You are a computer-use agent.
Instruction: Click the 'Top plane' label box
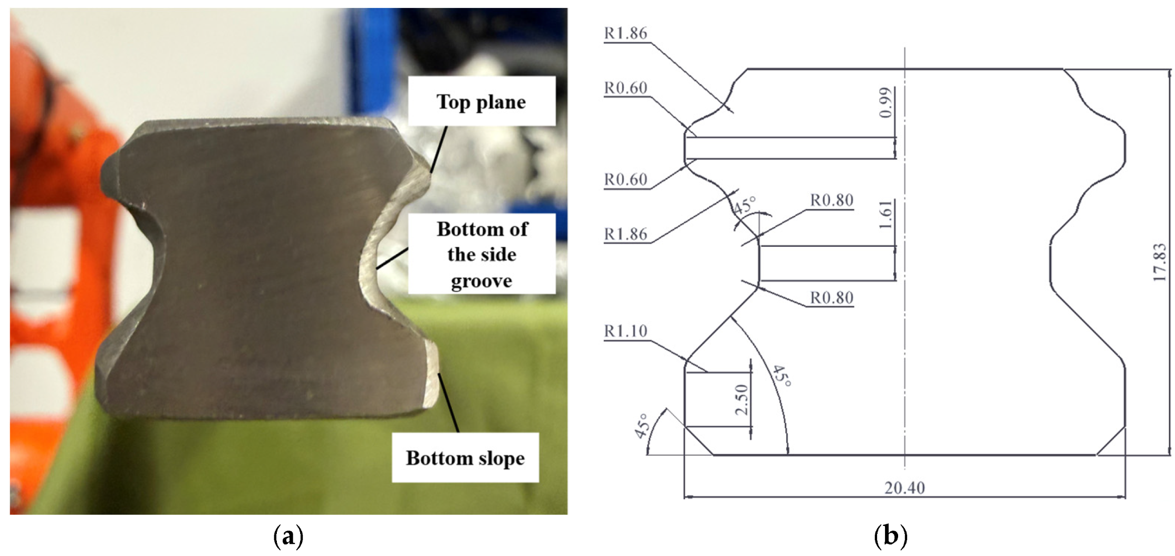[481, 101]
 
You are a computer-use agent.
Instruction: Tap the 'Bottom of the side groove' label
[481, 254]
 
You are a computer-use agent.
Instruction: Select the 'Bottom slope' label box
[465, 457]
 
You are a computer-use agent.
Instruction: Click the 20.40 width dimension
[904, 488]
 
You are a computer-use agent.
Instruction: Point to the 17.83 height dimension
[1159, 262]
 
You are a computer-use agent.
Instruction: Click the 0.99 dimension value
[887, 102]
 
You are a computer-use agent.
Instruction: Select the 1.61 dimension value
[887, 214]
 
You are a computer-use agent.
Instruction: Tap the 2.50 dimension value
[742, 399]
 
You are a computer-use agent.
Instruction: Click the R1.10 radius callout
[625, 331]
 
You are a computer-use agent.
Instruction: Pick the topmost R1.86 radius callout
[625, 33]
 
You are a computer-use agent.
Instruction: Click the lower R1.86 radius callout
[625, 234]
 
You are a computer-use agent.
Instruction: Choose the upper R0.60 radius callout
[625, 88]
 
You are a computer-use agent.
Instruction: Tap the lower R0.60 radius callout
[625, 179]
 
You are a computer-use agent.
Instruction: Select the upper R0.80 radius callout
[832, 200]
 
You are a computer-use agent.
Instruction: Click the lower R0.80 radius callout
[832, 298]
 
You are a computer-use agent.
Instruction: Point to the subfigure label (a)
[288, 537]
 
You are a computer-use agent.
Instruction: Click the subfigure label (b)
[891, 537]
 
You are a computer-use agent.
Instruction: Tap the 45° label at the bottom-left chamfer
[641, 426]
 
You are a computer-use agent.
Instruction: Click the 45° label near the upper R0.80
[744, 205]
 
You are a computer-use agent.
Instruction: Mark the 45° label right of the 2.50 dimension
[782, 376]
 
